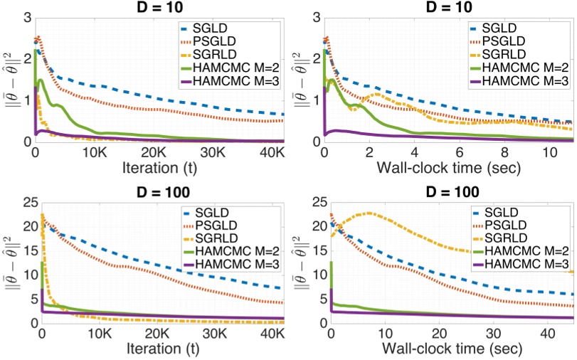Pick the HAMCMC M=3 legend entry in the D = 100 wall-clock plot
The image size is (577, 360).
click(524, 265)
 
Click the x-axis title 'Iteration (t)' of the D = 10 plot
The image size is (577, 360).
click(159, 169)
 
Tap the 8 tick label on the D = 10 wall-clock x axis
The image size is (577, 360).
click(504, 154)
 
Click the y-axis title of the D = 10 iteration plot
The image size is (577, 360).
click(10, 80)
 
